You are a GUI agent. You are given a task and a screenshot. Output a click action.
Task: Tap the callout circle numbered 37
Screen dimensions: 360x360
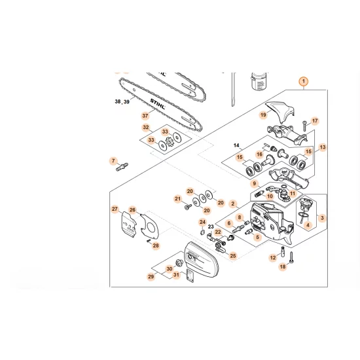(145, 116)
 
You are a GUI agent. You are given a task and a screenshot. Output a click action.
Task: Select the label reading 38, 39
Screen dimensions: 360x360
(122, 102)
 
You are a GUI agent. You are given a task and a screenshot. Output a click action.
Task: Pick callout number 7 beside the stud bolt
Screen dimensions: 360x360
(113, 161)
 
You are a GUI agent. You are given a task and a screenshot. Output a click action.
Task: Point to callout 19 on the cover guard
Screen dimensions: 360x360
(263, 115)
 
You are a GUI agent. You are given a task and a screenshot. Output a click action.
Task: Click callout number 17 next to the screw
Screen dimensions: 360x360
(314, 121)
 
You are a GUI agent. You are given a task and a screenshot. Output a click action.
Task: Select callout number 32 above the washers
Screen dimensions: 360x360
(146, 128)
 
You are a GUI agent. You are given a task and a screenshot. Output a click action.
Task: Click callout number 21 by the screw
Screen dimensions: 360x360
(177, 198)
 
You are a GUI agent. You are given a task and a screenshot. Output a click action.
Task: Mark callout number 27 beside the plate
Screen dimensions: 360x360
(115, 209)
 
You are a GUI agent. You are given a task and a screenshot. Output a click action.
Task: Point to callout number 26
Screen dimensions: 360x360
(132, 210)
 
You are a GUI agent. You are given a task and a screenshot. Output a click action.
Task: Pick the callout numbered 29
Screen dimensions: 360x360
(151, 278)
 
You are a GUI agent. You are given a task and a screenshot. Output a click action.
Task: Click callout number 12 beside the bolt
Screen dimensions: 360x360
(273, 258)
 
